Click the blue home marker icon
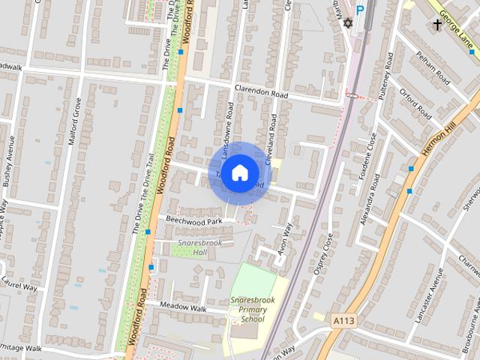[239, 172]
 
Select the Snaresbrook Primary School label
[248, 309]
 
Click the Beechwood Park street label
[194, 221]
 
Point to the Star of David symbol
[346, 24]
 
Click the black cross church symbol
[437, 25]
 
